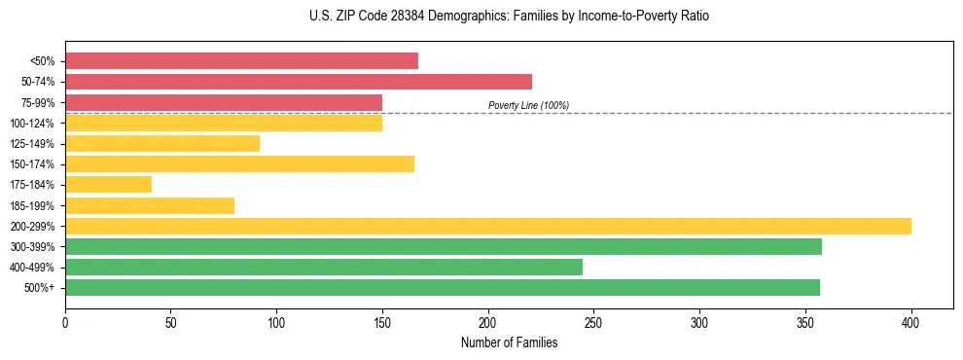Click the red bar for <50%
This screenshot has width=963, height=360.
(x=241, y=61)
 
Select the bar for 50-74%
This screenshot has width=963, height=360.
(x=299, y=82)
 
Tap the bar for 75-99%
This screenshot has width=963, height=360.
(x=224, y=102)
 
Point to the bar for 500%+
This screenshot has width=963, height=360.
(x=443, y=288)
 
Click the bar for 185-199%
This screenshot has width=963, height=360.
(x=150, y=205)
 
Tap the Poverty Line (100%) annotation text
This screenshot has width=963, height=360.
(x=528, y=105)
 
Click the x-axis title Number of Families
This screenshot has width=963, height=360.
(x=509, y=342)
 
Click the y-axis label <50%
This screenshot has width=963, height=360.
(x=44, y=61)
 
